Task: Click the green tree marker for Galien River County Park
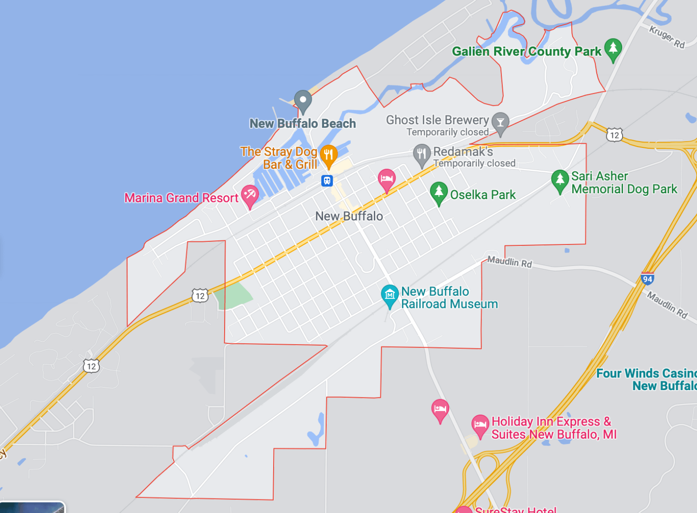click(613, 48)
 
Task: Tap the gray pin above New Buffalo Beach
click(303, 100)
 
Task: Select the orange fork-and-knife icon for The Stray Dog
click(329, 155)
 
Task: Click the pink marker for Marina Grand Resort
click(250, 195)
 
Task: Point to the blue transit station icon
click(327, 181)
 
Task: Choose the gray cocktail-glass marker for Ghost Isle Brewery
click(500, 122)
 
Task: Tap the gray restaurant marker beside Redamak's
click(422, 154)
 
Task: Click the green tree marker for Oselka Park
click(439, 192)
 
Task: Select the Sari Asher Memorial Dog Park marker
click(560, 180)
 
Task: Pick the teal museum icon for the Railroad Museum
click(389, 295)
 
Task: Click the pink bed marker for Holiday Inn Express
click(480, 425)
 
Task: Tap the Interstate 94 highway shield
click(648, 279)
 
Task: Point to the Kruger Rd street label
click(666, 37)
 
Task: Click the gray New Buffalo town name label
click(349, 216)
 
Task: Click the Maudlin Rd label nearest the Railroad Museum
click(509, 262)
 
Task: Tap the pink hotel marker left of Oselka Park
click(387, 179)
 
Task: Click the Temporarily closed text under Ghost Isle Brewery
click(447, 132)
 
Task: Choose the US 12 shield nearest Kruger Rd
click(614, 135)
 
